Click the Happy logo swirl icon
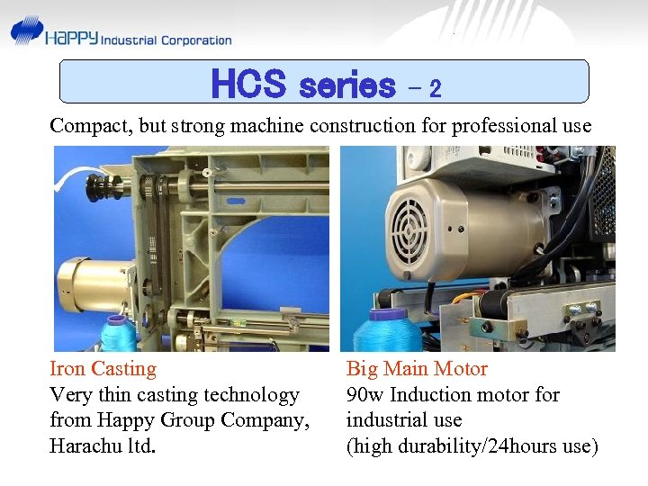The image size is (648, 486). (27, 31)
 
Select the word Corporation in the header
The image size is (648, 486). (195, 40)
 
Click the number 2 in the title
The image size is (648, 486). (435, 89)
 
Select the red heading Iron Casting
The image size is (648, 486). (103, 369)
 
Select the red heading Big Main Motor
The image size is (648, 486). (417, 369)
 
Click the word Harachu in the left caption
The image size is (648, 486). (84, 445)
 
